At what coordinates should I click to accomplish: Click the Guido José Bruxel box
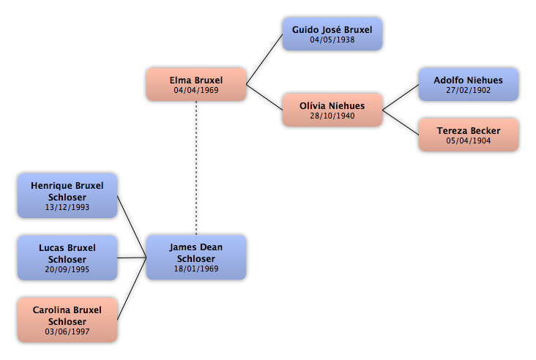point(332,34)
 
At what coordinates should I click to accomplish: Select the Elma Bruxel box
point(196,84)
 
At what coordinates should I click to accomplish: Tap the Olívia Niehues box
point(332,110)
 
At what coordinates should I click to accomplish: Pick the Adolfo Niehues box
point(469,84)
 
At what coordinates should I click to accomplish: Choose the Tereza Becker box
point(469,135)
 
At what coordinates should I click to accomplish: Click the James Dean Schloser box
point(196,258)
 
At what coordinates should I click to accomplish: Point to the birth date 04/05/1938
point(332,40)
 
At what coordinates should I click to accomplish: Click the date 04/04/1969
point(196,90)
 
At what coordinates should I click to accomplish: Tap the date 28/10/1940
point(332,116)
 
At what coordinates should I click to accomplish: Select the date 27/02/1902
point(469,90)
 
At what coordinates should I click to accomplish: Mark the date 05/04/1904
point(469,140)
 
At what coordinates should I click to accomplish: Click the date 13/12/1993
point(67,207)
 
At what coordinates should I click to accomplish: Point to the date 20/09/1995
point(67,269)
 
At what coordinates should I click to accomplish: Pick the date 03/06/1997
point(67,331)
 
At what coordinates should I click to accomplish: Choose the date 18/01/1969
point(196,269)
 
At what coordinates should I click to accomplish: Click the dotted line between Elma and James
point(196,168)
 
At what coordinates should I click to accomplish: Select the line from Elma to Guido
point(264,59)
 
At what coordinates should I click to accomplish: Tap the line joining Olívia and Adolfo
point(401,97)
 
